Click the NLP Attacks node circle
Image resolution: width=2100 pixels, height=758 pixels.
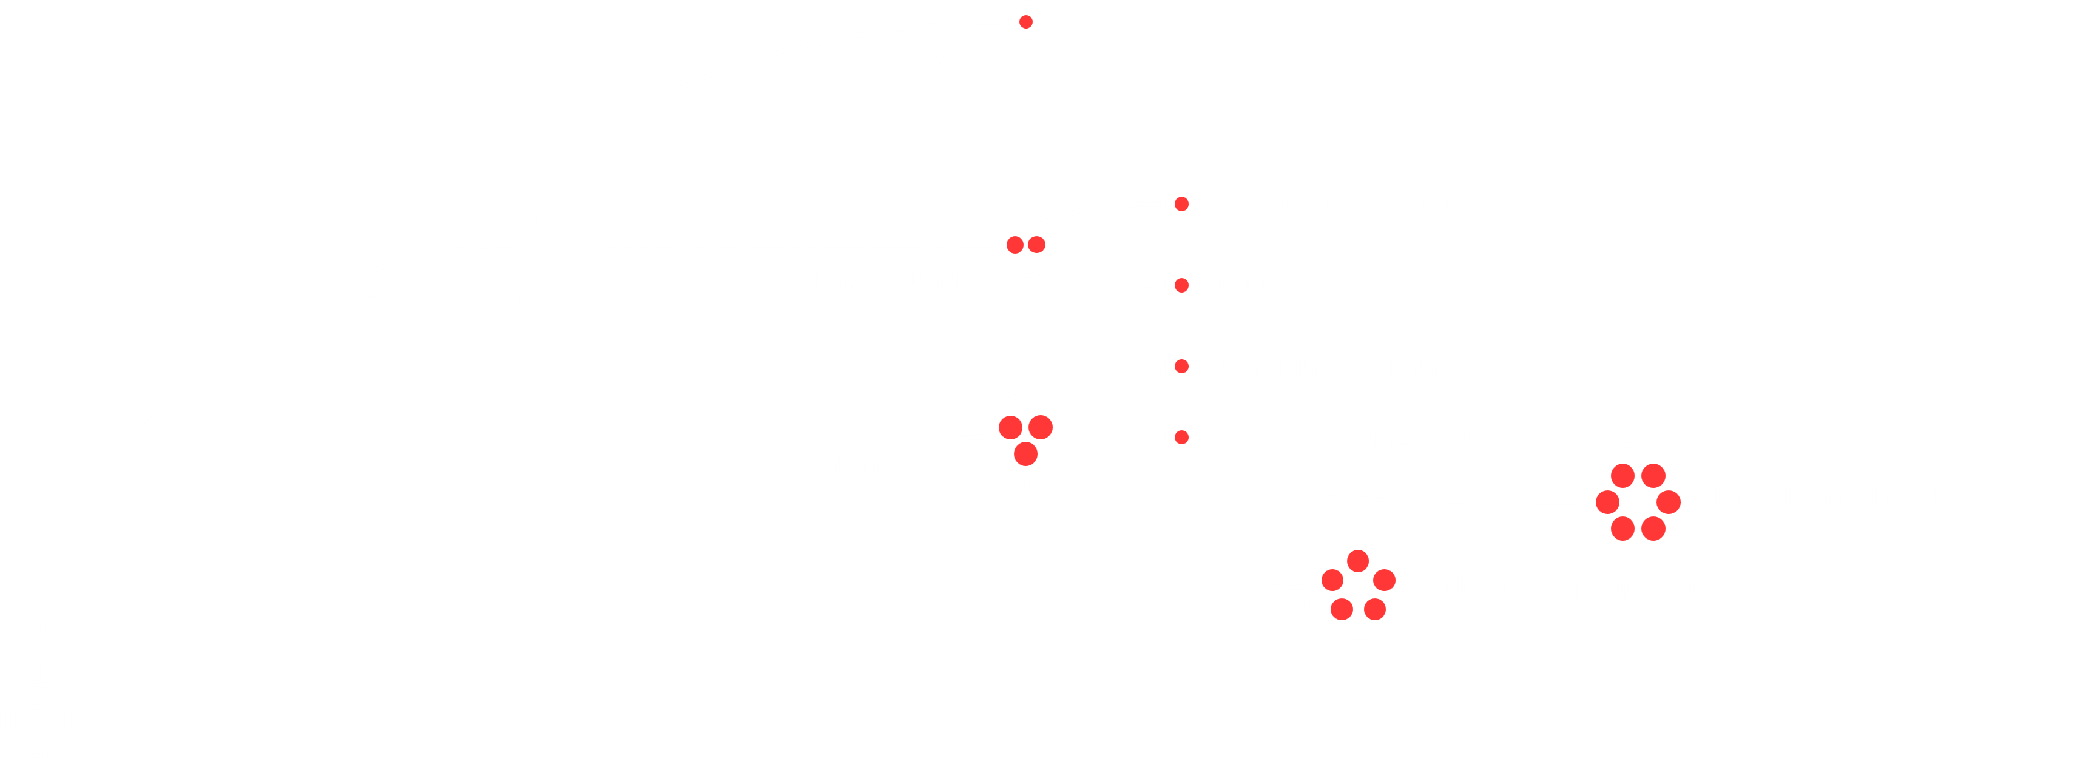coord(1025,22)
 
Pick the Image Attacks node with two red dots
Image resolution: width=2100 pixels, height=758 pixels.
coord(1025,245)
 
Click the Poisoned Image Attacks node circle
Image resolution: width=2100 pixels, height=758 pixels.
coord(1181,204)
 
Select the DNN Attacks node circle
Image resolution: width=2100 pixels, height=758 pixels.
coord(1181,285)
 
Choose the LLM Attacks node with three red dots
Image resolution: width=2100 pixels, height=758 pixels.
coord(1025,438)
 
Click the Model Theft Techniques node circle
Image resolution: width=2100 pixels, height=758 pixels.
coord(1181,367)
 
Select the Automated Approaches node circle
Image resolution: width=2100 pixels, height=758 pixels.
coord(1181,438)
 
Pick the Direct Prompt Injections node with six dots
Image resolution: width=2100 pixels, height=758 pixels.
coord(1637,502)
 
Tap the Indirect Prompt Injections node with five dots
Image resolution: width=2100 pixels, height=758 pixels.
coord(1357,587)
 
